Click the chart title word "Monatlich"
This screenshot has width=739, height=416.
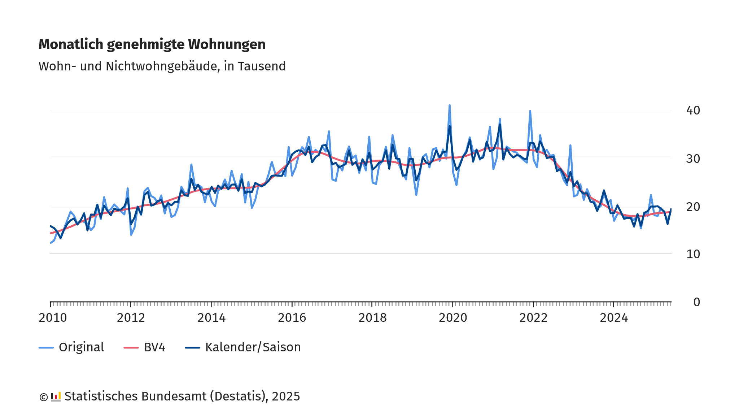tap(71, 44)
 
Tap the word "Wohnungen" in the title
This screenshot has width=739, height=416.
tap(227, 44)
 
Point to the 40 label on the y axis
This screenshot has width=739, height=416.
tap(693, 110)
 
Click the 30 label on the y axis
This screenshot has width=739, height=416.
tap(693, 159)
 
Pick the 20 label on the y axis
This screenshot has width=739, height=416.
tap(693, 207)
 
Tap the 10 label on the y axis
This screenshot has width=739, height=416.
tap(693, 254)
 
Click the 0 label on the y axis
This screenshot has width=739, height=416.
tap(696, 302)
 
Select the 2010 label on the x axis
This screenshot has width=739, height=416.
tap(53, 318)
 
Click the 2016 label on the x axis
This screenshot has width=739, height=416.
tap(292, 318)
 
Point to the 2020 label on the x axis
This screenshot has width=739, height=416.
tap(453, 318)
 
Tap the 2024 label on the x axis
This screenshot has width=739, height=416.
tap(614, 318)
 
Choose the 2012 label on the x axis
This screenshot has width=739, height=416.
tap(131, 318)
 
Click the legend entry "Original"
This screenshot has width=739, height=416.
tap(81, 347)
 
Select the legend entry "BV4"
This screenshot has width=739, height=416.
tap(154, 347)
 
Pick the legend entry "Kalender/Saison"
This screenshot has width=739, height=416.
tap(253, 347)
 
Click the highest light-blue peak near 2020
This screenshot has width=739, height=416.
tap(450, 105)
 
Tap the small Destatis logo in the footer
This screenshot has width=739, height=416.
tap(56, 396)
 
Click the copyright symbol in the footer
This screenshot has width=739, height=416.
tap(43, 397)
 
